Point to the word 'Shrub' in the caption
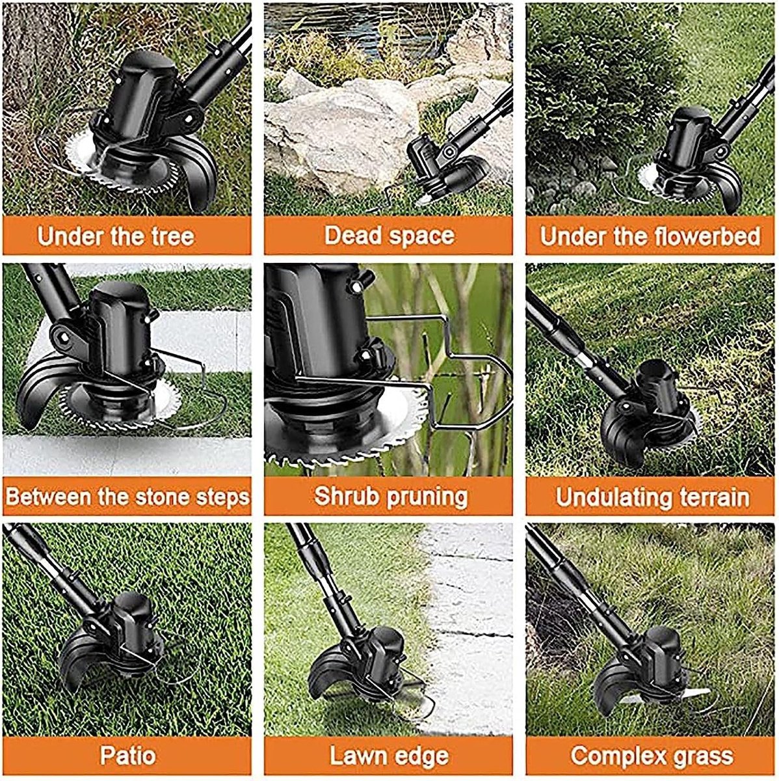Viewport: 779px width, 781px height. click(347, 496)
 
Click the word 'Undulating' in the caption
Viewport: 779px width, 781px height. click(610, 497)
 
